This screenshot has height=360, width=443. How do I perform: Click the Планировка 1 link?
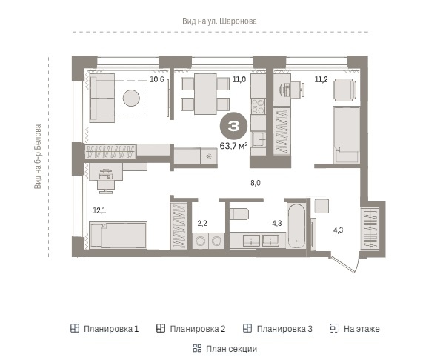pyautogui.click(x=111, y=329)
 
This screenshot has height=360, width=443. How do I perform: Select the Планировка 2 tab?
pyautogui.click(x=198, y=329)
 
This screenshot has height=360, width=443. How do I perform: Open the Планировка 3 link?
pyautogui.click(x=284, y=329)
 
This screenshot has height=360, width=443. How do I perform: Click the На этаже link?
pyautogui.click(x=362, y=329)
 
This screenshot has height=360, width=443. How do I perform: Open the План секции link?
pyautogui.click(x=231, y=349)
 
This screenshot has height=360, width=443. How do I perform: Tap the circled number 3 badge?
pyautogui.click(x=233, y=126)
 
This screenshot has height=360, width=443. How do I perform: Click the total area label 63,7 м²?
pyautogui.click(x=234, y=146)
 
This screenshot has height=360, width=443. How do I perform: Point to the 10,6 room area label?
pyautogui.click(x=157, y=80)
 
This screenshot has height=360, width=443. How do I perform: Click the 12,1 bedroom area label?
pyautogui.click(x=99, y=210)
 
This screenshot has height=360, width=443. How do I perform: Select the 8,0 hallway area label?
pyautogui.click(x=256, y=183)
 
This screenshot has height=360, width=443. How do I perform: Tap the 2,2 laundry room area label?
pyautogui.click(x=202, y=224)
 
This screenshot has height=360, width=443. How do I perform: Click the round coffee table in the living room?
pyautogui.click(x=131, y=98)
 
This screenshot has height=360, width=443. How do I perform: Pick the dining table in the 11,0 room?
pyautogui.click(x=205, y=94)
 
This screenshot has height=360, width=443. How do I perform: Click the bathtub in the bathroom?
pyautogui.click(x=296, y=226)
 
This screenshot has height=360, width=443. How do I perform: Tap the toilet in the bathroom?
pyautogui.click(x=239, y=214)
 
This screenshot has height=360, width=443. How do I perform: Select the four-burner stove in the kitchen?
pyautogui.click(x=259, y=106)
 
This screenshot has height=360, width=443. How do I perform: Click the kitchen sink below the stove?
pyautogui.click(x=259, y=139)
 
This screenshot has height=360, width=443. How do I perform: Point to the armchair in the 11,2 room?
pyautogui.click(x=344, y=90)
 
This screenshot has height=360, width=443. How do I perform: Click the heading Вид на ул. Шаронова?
pyautogui.click(x=219, y=21)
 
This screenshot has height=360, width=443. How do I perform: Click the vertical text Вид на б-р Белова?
pyautogui.click(x=38, y=157)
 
